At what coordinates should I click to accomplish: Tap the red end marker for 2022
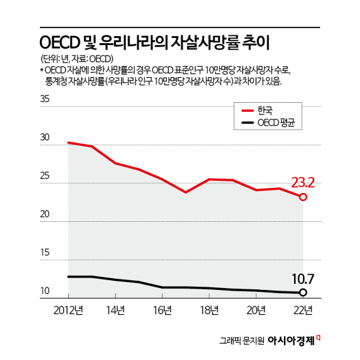pyautogui.click(x=303, y=196)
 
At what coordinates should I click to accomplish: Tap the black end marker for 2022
pyautogui.click(x=303, y=292)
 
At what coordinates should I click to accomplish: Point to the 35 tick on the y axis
pyautogui.click(x=45, y=99)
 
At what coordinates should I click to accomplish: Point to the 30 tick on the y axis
pyautogui.click(x=45, y=138)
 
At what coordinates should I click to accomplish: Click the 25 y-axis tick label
pyautogui.click(x=45, y=176)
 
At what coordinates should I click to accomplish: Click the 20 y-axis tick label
pyautogui.click(x=45, y=214)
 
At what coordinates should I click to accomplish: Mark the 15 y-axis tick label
pyautogui.click(x=45, y=253)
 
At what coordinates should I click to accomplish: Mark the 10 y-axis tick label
pyautogui.click(x=45, y=291)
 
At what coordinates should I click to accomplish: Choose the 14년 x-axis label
pyautogui.click(x=115, y=310)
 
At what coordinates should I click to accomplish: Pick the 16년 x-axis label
pyautogui.click(x=162, y=310)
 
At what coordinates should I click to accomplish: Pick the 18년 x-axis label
pyautogui.click(x=209, y=310)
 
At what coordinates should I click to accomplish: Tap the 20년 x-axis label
pyautogui.click(x=257, y=310)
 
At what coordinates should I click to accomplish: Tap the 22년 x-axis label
pyautogui.click(x=303, y=310)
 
